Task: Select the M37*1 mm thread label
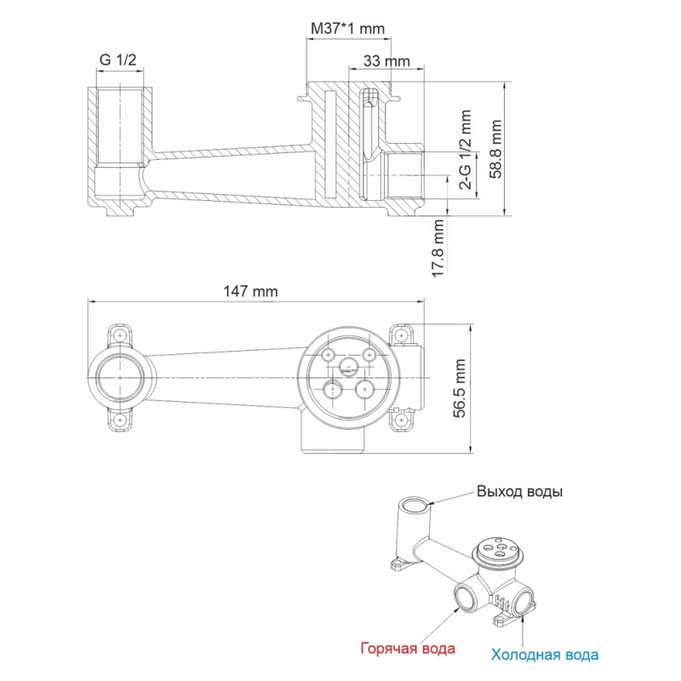(346, 28)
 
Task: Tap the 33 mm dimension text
(386, 61)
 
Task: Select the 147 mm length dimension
(250, 291)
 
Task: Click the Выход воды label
(519, 492)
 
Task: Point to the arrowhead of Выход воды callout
(434, 504)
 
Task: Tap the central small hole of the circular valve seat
(348, 368)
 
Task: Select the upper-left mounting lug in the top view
(120, 335)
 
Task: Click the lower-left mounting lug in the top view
(120, 421)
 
